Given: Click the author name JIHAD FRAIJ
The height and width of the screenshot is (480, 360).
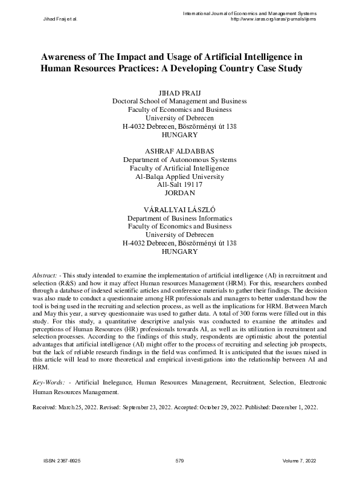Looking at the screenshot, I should (179, 92).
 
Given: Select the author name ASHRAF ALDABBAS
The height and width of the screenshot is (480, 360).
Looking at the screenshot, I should (179, 151).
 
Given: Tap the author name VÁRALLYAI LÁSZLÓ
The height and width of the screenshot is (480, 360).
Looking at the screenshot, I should (179, 209).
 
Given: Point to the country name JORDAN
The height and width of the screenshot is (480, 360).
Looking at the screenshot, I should (179, 193).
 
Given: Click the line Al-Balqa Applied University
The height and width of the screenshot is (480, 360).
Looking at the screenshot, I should (179, 177).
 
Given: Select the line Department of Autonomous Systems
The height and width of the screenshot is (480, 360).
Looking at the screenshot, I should (179, 160).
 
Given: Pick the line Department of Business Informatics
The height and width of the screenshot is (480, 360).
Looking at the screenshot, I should (179, 218).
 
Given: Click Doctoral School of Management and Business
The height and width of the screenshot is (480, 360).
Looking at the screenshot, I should (179, 102).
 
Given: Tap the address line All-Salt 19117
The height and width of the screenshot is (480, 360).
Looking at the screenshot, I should (179, 185).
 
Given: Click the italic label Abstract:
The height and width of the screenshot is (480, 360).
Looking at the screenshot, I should (45, 275).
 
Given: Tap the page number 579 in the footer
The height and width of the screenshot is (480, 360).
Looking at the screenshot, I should (179, 461).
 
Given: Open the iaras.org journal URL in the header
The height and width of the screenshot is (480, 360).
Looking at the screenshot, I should (275, 19).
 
